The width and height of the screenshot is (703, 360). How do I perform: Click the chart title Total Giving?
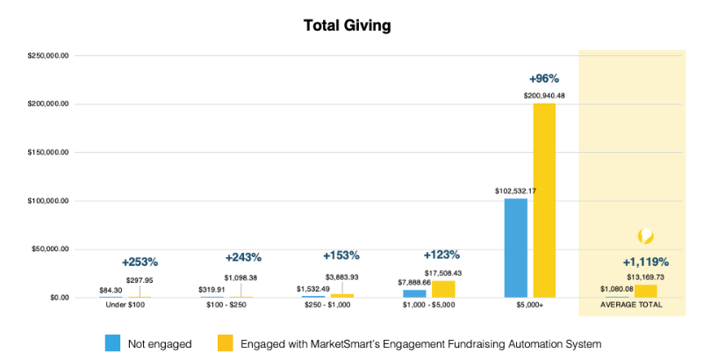[x=347, y=25]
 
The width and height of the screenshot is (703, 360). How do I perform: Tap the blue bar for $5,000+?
[x=516, y=248]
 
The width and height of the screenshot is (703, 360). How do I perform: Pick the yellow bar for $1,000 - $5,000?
[x=443, y=289]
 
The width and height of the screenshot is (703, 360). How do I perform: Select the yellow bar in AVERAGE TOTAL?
[x=646, y=291]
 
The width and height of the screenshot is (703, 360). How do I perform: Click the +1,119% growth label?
[x=646, y=262]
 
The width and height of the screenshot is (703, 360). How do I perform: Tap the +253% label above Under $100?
[x=140, y=262]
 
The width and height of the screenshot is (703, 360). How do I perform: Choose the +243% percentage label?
[x=243, y=257]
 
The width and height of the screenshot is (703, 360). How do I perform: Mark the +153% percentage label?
[x=341, y=256]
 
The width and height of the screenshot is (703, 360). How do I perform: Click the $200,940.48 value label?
[x=544, y=95]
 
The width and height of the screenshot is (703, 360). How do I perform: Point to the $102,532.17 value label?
[x=515, y=191]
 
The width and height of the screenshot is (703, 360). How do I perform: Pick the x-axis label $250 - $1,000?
[x=327, y=306]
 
